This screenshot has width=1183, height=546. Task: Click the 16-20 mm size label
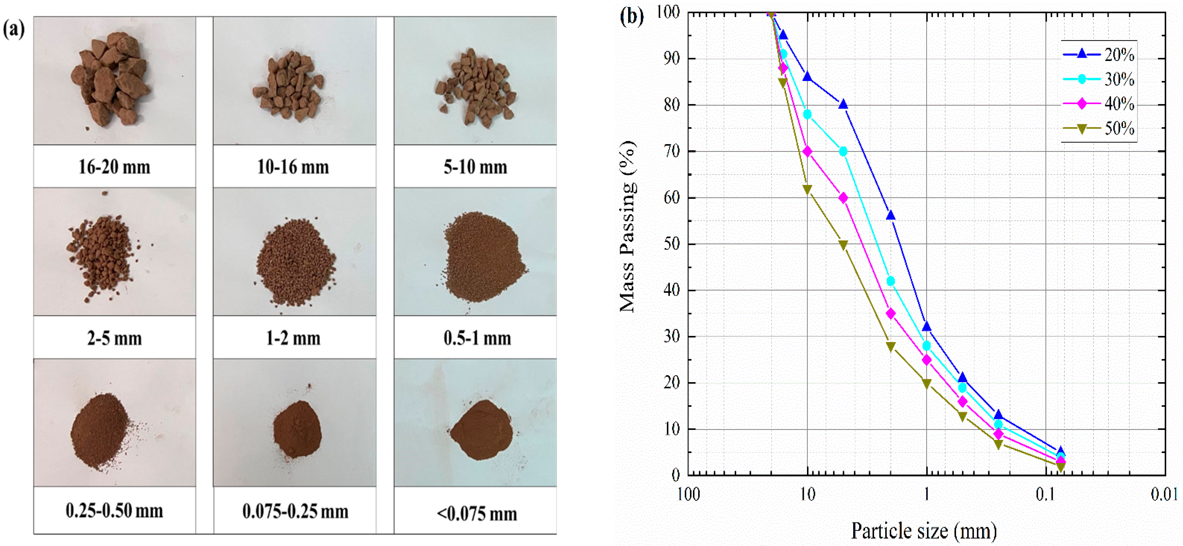tap(114, 167)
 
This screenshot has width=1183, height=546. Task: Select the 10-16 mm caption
tap(293, 167)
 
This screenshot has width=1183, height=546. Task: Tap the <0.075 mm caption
tap(477, 513)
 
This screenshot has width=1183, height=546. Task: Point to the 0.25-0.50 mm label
tap(114, 511)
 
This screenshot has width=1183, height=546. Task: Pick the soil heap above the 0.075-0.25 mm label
tap(297, 429)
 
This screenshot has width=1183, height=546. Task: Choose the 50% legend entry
tap(1099, 128)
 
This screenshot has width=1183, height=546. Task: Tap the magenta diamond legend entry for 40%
tap(1099, 104)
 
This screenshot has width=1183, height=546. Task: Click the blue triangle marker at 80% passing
tap(843, 105)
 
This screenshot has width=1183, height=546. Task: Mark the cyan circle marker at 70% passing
tap(843, 151)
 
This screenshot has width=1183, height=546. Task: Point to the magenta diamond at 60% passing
tap(843, 198)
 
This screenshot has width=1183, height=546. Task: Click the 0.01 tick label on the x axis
tap(1164, 494)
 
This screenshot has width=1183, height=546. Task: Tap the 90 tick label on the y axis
tap(671, 59)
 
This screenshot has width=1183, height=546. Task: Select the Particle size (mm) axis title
tap(923, 531)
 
